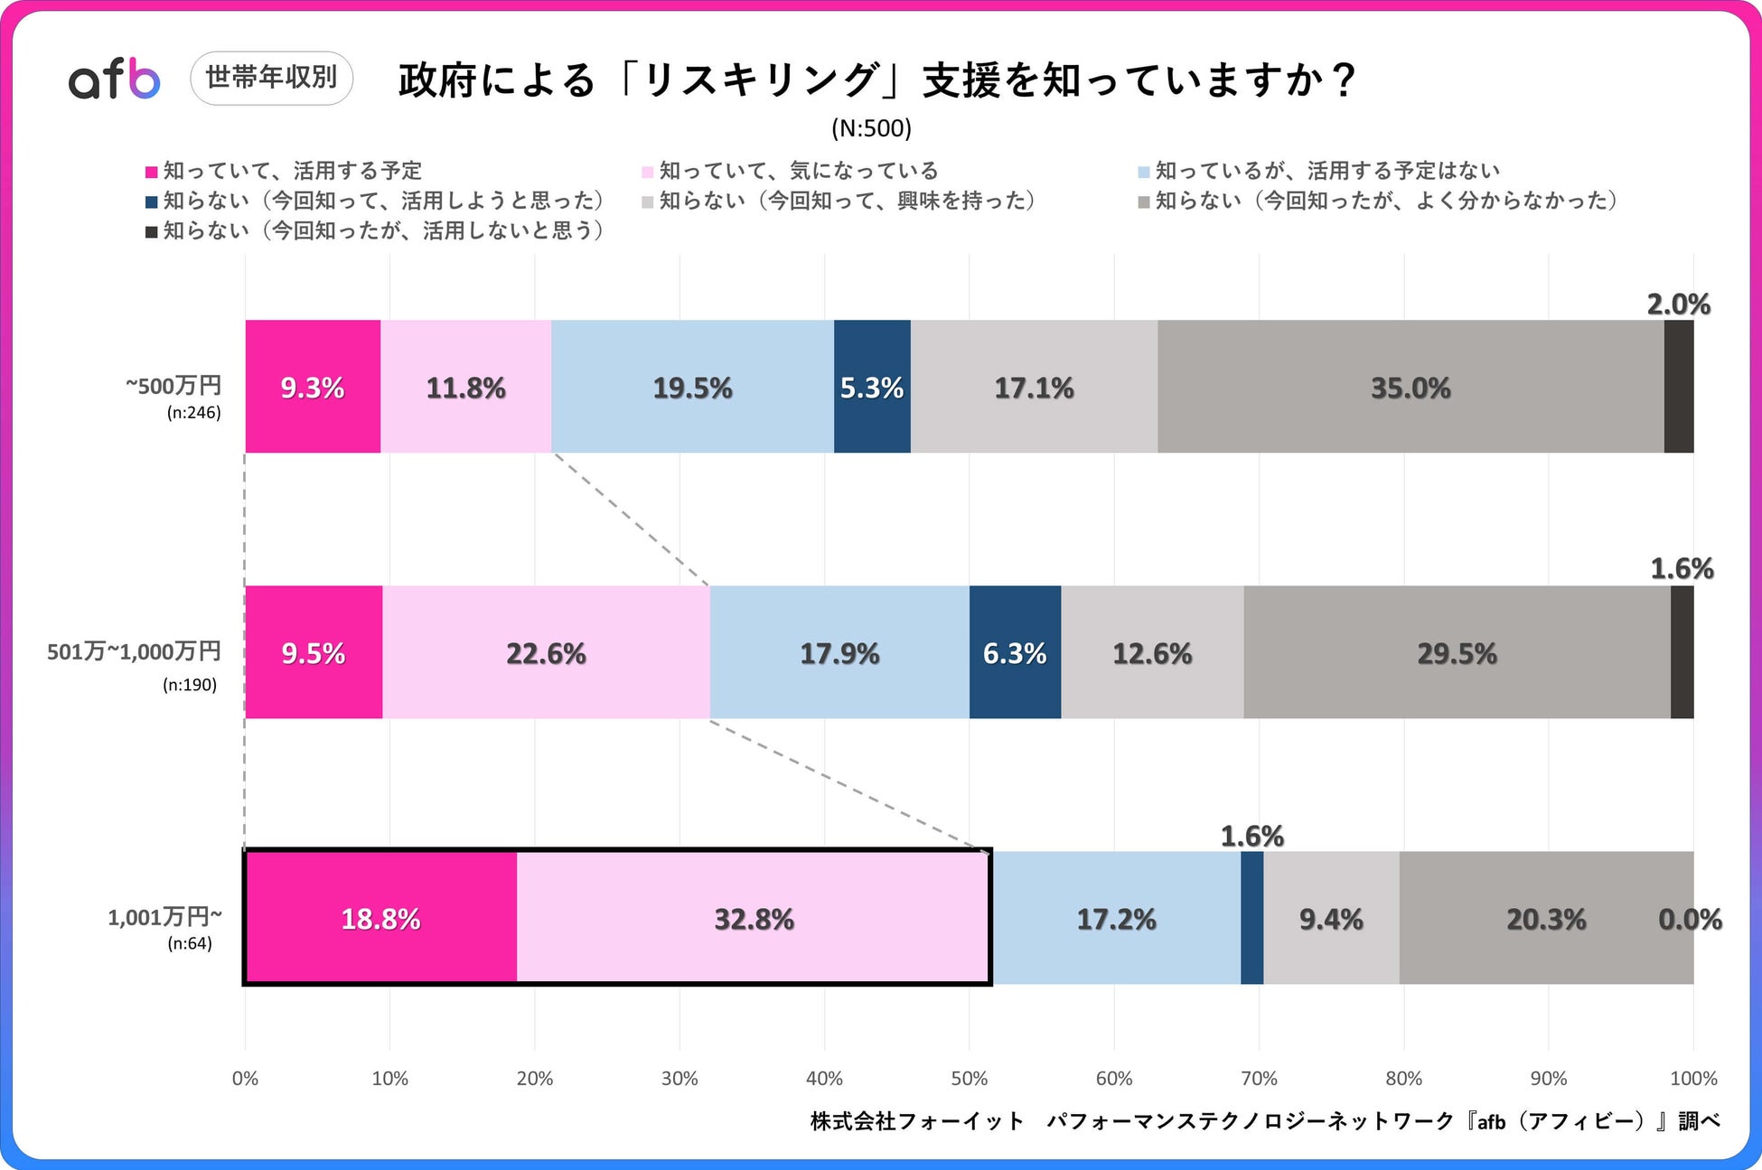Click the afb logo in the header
[115, 79]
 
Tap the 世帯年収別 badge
[271, 78]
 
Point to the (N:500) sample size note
[871, 128]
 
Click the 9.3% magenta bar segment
[313, 387]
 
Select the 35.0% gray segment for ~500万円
[1410, 387]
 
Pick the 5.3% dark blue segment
[872, 387]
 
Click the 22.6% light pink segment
[546, 652]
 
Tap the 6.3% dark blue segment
[1015, 652]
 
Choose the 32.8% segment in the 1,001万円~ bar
[754, 918]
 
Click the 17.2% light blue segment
[1116, 918]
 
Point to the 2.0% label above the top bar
[1678, 304]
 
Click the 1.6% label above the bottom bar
[1251, 836]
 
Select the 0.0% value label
[1690, 919]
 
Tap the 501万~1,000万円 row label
[134, 651]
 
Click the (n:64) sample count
[190, 944]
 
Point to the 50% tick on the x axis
[969, 1078]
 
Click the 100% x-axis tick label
[1693, 1078]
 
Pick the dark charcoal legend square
[152, 232]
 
